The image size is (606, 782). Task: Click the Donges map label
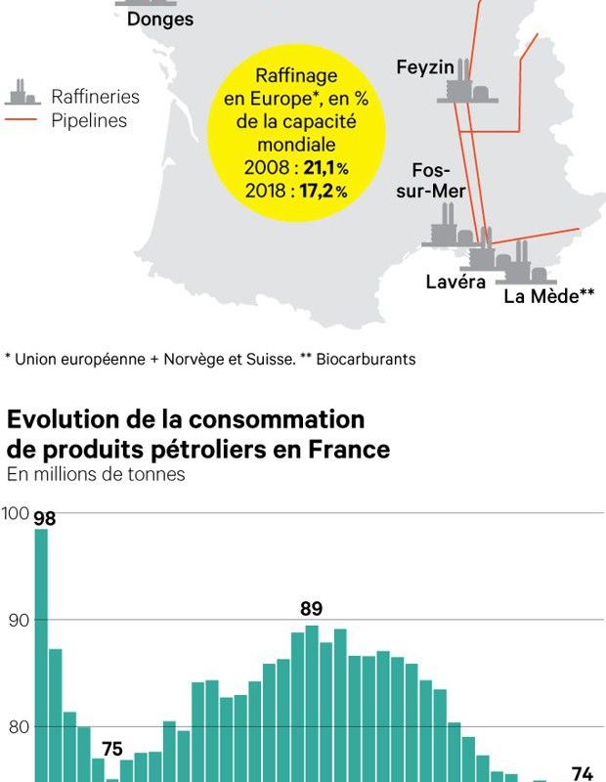(x=160, y=20)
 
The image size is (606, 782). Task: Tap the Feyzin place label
(x=425, y=66)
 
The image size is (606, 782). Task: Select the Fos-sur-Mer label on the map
(x=430, y=180)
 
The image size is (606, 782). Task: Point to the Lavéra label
(x=455, y=282)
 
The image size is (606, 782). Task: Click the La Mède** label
(x=548, y=296)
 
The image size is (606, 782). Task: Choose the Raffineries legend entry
(x=95, y=97)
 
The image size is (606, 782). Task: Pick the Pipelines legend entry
(x=89, y=121)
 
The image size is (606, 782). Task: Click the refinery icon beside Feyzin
(x=466, y=84)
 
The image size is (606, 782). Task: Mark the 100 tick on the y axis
(x=15, y=513)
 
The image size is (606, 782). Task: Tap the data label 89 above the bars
(x=311, y=608)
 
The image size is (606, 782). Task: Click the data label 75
(x=112, y=750)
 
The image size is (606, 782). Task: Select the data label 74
(x=582, y=773)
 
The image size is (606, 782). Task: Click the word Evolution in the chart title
(x=68, y=420)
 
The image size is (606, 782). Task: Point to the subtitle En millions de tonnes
(x=96, y=475)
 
